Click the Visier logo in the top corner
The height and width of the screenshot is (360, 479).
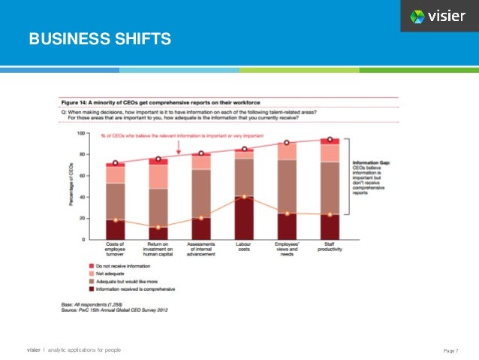438,16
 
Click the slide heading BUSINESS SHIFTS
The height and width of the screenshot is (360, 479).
100,38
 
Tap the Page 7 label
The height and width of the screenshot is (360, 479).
450,350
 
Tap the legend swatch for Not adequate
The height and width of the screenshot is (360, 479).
91,275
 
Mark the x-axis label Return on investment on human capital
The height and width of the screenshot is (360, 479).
158,250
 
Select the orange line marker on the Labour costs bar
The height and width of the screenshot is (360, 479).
244,197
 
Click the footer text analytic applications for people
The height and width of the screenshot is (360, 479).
83,350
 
